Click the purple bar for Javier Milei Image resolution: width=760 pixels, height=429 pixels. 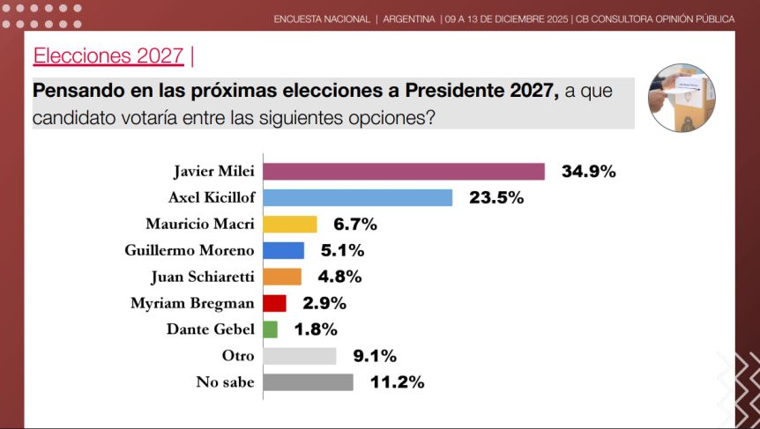coord(404,171)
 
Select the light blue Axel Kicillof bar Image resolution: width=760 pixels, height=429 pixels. coord(358,197)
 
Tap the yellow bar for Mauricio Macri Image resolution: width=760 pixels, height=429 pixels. coord(290,224)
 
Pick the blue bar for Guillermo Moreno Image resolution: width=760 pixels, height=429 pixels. coord(284,250)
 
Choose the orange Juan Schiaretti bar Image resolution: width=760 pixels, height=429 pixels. coord(282,277)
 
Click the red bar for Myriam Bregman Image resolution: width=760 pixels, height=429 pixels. coord(275,303)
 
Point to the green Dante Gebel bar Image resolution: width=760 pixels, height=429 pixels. coord(271,329)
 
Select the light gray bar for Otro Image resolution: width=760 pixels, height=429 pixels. coord(300,356)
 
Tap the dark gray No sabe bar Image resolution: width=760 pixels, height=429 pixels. coord(308,382)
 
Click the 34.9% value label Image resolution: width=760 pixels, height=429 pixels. coord(588,171)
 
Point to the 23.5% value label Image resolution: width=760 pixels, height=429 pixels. coord(496,197)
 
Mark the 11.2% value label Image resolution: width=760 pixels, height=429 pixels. coord(397,382)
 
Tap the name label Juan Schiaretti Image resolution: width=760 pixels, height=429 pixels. coord(204,277)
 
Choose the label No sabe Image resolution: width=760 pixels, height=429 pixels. coord(225,382)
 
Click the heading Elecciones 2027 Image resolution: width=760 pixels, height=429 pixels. coord(108,56)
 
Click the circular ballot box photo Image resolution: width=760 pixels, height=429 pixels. coord(681,98)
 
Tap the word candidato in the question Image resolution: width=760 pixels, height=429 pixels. coord(74,115)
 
